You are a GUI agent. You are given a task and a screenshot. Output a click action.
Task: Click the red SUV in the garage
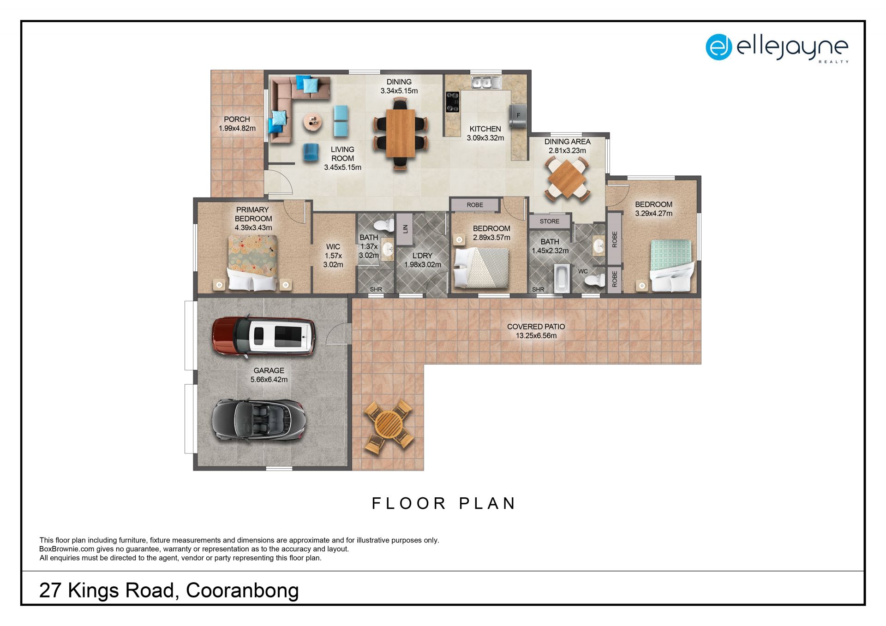(263, 335)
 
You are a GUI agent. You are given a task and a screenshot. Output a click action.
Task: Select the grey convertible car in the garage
(258, 420)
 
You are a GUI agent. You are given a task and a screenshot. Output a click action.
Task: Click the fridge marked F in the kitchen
(518, 115)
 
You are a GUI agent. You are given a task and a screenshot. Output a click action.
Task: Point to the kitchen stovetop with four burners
(452, 102)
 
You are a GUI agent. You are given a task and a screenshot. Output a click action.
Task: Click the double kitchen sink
(486, 83)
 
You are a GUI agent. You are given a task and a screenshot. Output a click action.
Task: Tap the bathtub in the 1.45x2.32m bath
(561, 278)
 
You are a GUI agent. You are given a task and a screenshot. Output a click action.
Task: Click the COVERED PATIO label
(536, 327)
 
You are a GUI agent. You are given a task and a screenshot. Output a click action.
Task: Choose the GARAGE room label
(269, 370)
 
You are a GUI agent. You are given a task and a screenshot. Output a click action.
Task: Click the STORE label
(550, 221)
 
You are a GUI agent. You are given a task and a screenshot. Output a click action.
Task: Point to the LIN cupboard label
(405, 228)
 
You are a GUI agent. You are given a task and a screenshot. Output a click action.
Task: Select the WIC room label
(333, 247)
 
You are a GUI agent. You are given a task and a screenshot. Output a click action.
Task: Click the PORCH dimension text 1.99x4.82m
(237, 128)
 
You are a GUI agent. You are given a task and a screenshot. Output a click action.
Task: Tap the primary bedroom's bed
(253, 263)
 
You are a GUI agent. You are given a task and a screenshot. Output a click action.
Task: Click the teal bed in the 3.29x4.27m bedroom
(671, 266)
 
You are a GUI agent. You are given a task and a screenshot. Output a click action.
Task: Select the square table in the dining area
(567, 178)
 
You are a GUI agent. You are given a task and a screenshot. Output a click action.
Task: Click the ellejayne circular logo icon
(719, 47)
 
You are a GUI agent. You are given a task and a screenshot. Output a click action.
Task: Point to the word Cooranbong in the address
(242, 591)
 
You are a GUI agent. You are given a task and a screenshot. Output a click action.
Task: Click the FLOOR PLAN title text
(443, 503)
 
